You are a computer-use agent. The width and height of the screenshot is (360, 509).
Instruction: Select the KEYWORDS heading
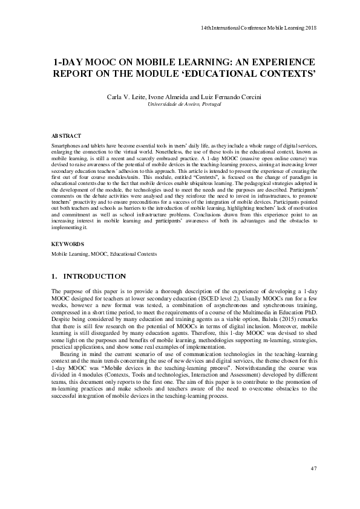click(x=68, y=244)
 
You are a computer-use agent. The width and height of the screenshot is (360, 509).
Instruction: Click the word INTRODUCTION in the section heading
click(x=94, y=276)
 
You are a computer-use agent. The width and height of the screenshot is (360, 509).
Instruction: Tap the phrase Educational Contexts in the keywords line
click(x=137, y=254)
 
